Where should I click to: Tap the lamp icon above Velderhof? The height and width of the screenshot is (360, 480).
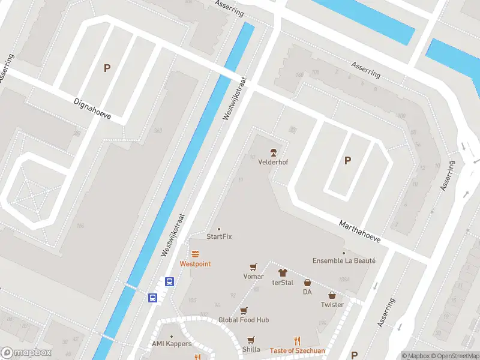click(x=273, y=151)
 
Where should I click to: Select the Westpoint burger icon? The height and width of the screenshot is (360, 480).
click(x=195, y=254)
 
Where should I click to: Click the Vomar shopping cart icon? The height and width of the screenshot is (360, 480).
click(x=254, y=267)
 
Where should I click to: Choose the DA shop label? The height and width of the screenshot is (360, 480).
click(x=307, y=292)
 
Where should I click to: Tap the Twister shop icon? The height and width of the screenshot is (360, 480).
click(x=332, y=295)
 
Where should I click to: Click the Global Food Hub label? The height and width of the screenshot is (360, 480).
click(x=244, y=320)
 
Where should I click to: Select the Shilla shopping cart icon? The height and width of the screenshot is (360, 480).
click(x=251, y=340)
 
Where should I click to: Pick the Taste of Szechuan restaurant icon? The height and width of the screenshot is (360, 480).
click(x=297, y=340)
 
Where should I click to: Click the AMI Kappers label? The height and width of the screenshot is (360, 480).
click(x=172, y=344)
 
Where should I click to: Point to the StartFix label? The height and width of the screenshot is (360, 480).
click(x=219, y=236)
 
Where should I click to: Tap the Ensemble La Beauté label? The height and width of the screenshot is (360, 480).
click(x=344, y=260)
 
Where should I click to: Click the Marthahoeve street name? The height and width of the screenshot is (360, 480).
click(x=361, y=230)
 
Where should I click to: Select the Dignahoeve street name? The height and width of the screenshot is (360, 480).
click(x=92, y=109)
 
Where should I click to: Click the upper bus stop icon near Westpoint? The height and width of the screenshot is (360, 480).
click(x=170, y=281)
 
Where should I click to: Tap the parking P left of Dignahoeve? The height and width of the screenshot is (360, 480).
click(x=107, y=68)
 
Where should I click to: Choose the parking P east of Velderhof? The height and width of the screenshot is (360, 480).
click(x=347, y=160)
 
